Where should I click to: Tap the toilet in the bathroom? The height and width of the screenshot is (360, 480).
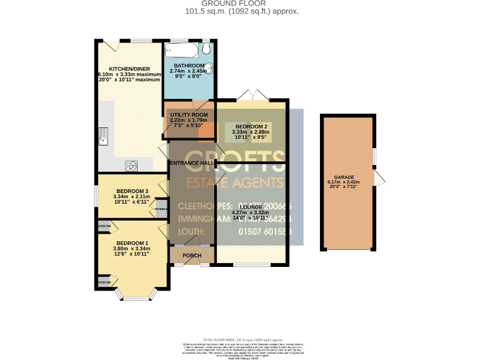(207, 49)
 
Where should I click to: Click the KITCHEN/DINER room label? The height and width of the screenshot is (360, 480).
(128, 69)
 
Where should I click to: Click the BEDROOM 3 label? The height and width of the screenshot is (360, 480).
(132, 191)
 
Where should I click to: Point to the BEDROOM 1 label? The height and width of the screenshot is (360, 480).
(132, 243)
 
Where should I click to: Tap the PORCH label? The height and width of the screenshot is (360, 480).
(192, 256)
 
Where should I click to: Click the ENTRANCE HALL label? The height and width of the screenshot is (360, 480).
(192, 163)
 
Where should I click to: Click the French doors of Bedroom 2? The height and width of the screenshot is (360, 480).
(253, 95)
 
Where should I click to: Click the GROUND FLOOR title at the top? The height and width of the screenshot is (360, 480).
(241, 4)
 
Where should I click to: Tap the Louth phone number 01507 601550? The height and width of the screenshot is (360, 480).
(264, 232)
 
